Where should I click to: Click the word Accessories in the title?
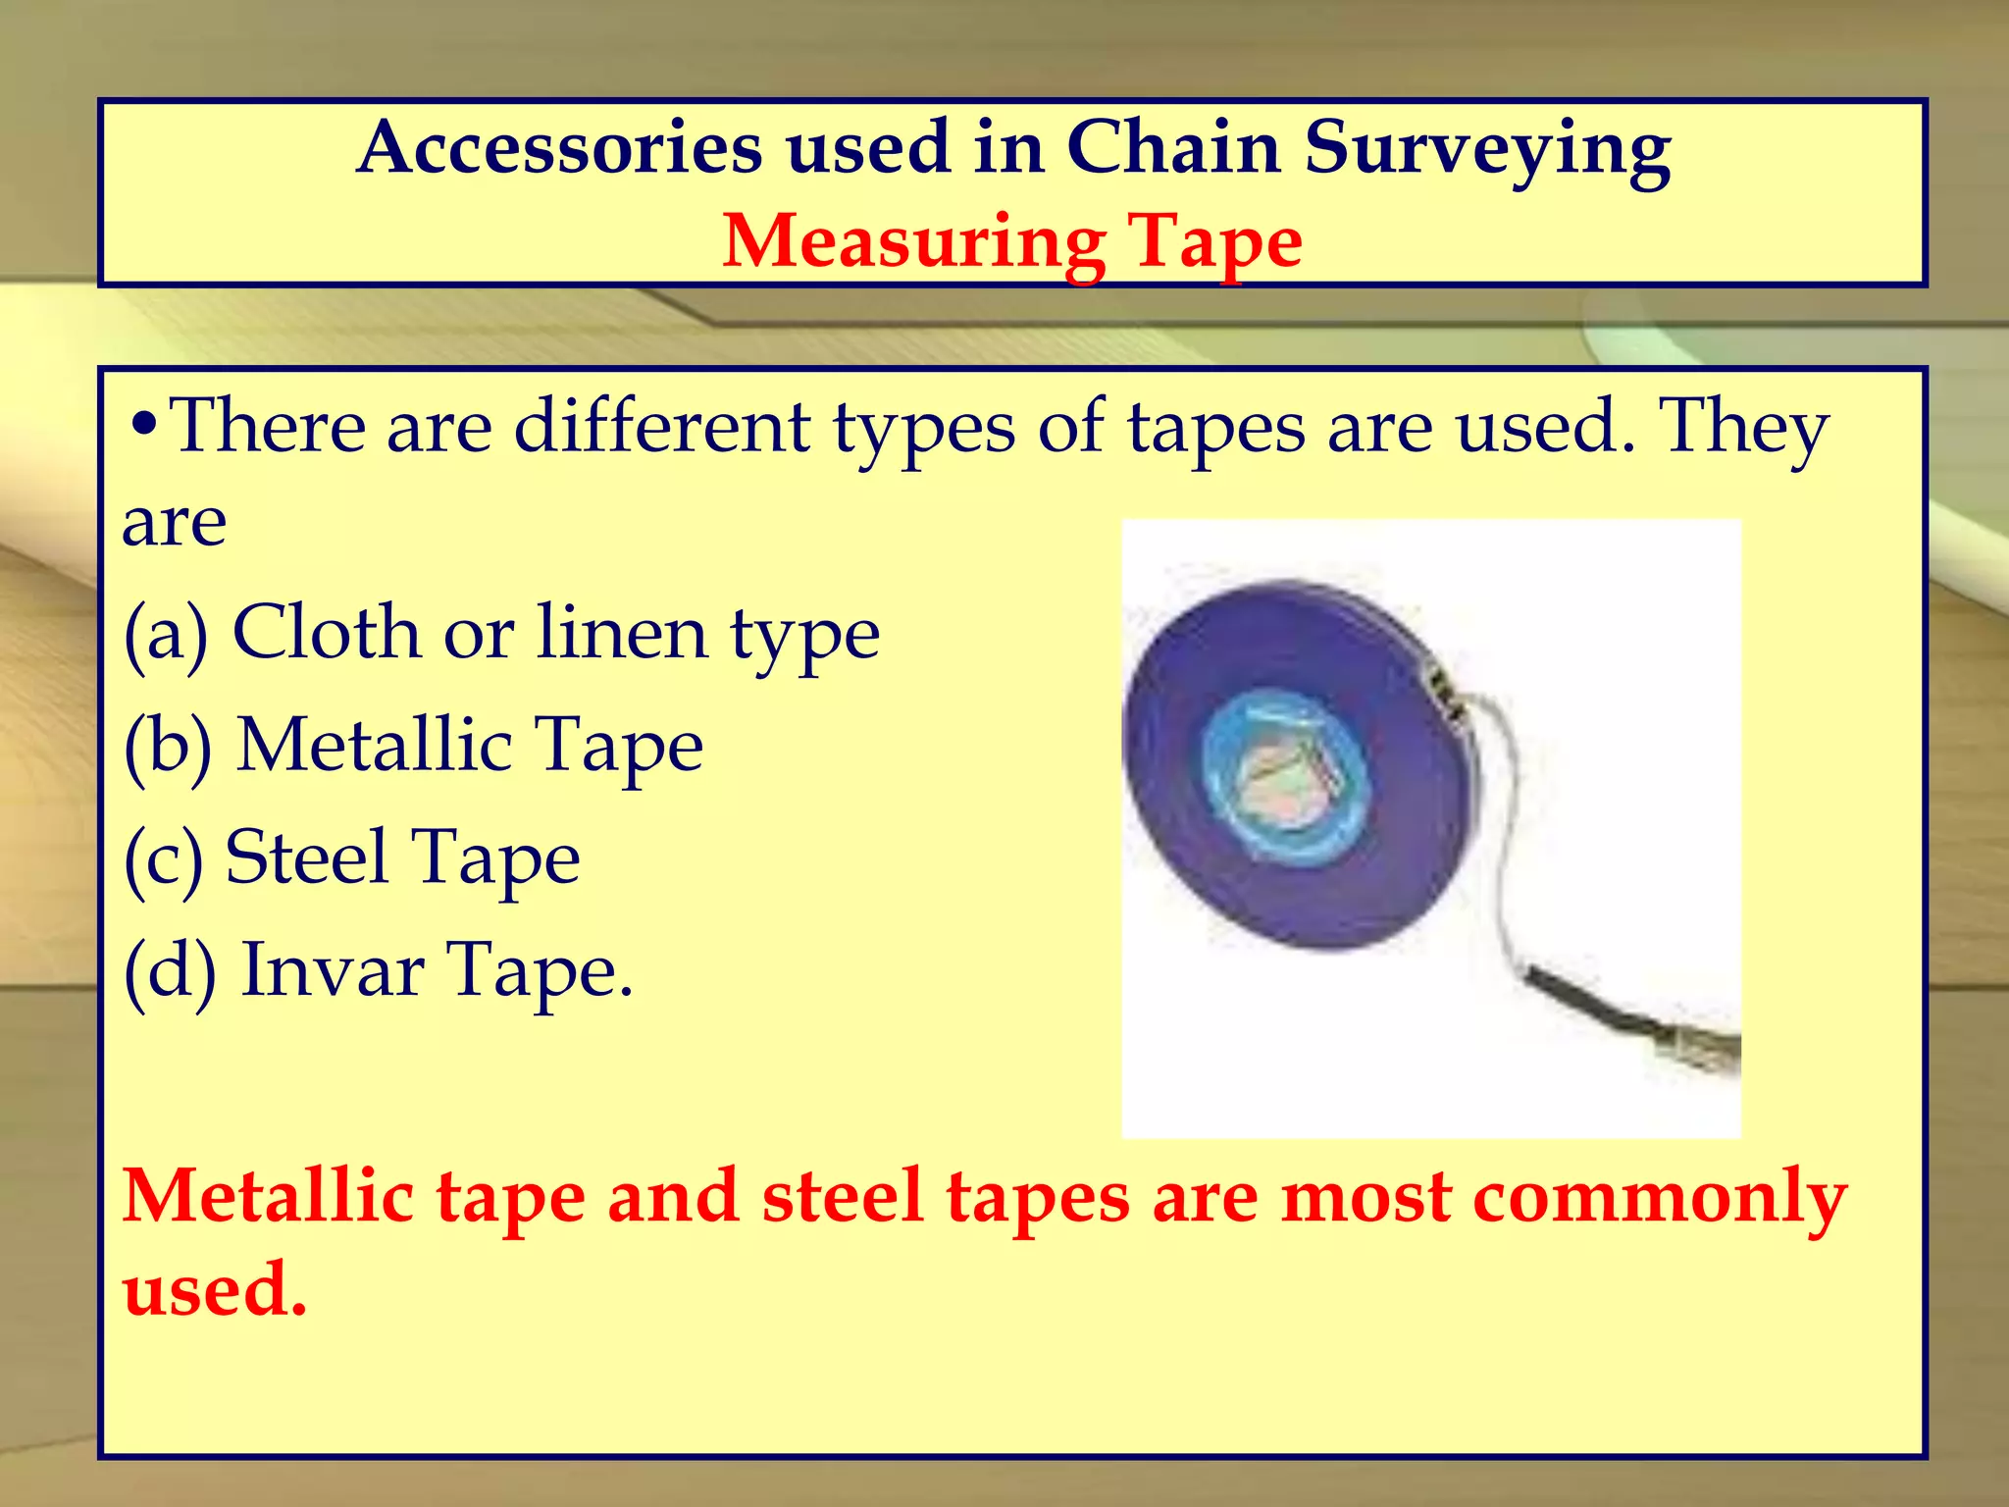coord(559,149)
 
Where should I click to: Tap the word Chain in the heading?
coord(1173,149)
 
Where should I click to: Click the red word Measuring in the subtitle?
coord(911,241)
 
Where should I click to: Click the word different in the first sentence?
coord(662,428)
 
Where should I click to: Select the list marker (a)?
coord(167,634)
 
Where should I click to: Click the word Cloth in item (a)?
coord(327,632)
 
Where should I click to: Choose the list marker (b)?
coord(169,746)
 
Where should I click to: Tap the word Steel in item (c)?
coord(306,857)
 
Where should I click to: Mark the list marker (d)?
coord(170,970)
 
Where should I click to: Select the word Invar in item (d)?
coord(333,970)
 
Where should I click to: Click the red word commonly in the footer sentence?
coord(1660,1197)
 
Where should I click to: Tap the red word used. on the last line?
coord(215,1288)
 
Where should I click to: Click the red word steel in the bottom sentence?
coord(843,1197)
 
